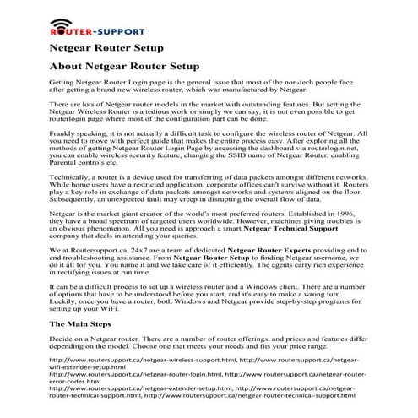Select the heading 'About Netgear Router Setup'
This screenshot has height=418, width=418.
[125, 65]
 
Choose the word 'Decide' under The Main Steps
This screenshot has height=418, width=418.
[62, 336]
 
